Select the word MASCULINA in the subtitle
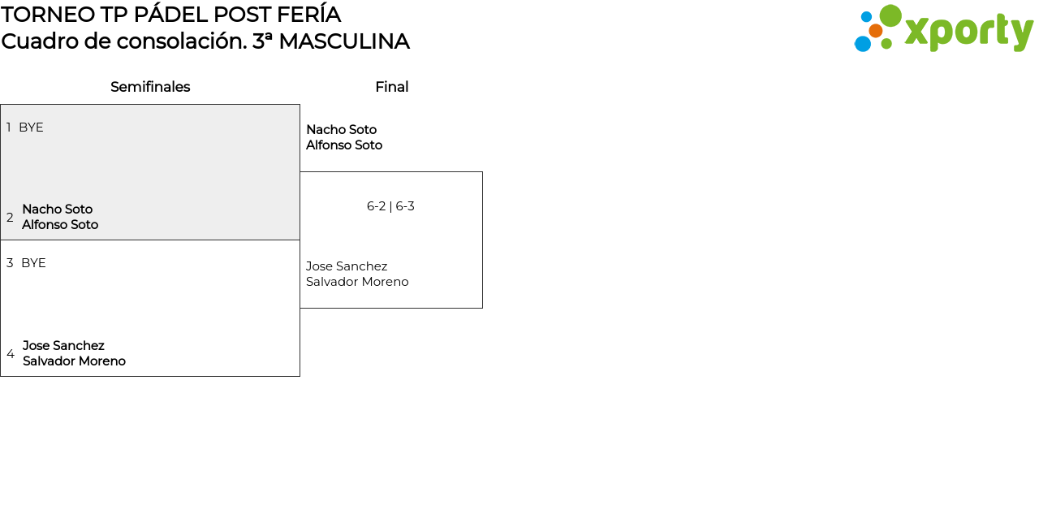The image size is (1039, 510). tap(343, 41)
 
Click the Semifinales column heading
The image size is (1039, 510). tap(150, 87)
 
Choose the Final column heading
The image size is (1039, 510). tap(391, 87)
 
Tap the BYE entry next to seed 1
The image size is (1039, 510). tap(31, 127)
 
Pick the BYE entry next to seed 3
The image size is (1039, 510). tap(33, 263)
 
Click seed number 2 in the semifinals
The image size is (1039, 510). tap(10, 218)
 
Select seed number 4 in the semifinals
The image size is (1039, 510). tap(11, 354)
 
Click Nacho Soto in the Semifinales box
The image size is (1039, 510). tap(57, 210)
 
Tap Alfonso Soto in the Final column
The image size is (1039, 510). tap(343, 145)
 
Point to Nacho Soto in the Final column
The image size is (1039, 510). tap(341, 130)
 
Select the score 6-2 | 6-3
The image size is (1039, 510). tap(390, 206)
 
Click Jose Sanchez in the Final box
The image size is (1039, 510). tap(347, 266)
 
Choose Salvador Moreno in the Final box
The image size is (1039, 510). tap(357, 282)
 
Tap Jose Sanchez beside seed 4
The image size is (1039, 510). tap(63, 346)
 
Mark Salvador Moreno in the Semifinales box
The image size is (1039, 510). tap(74, 361)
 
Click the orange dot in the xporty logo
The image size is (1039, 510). tap(875, 31)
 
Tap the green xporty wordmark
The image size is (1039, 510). tap(968, 32)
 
